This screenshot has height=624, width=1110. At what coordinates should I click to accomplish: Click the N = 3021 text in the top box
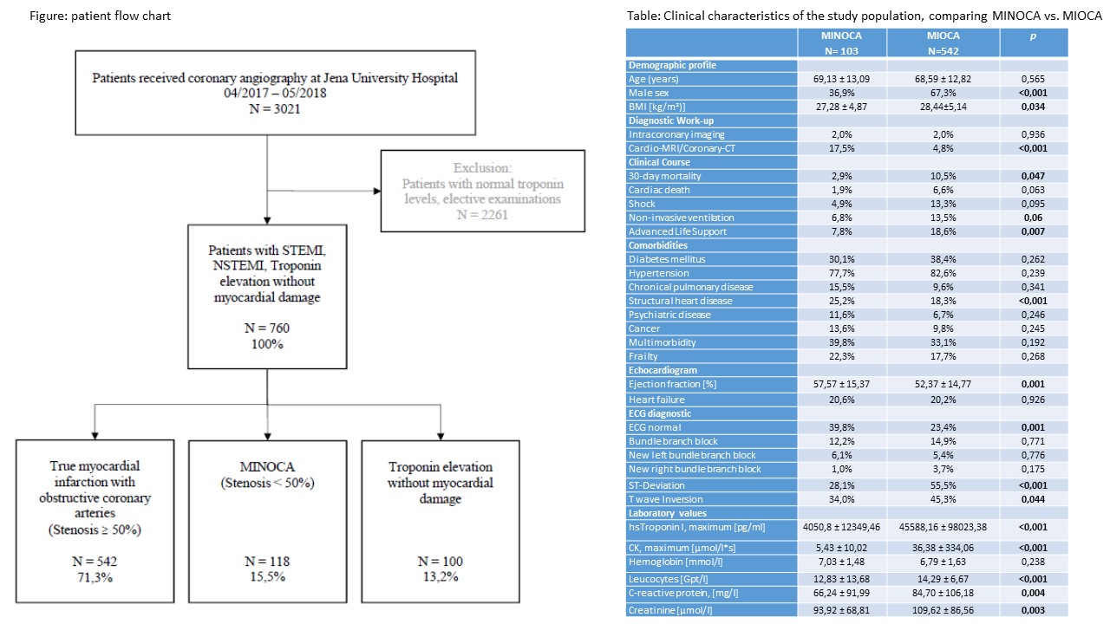275,108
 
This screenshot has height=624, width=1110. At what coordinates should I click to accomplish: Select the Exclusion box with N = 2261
483,191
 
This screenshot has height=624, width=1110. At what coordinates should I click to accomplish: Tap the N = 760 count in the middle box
267,328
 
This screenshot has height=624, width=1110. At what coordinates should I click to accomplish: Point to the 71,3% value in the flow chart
95,577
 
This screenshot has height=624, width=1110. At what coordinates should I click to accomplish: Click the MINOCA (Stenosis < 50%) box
268,521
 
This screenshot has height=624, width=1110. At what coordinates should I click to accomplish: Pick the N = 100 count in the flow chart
440,561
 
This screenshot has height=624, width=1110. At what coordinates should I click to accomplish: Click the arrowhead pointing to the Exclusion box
377,191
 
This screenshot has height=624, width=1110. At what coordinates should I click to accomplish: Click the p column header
1033,36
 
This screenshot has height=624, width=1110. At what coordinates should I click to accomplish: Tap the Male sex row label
649,93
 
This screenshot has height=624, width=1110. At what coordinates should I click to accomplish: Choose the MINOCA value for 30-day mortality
841,176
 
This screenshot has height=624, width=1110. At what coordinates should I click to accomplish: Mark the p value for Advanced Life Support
1033,231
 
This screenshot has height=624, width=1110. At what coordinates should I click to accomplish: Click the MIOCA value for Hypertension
943,273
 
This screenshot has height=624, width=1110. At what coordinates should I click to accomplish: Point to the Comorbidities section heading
658,245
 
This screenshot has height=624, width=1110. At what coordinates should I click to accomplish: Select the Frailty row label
643,356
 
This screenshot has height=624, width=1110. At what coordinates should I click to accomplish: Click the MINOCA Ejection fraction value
841,384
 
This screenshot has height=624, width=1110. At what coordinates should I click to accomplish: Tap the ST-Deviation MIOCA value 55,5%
943,485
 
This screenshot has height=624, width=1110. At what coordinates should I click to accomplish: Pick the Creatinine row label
670,610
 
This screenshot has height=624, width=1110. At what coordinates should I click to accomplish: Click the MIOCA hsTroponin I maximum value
943,527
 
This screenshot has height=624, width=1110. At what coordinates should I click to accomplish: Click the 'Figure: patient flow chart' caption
100,16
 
